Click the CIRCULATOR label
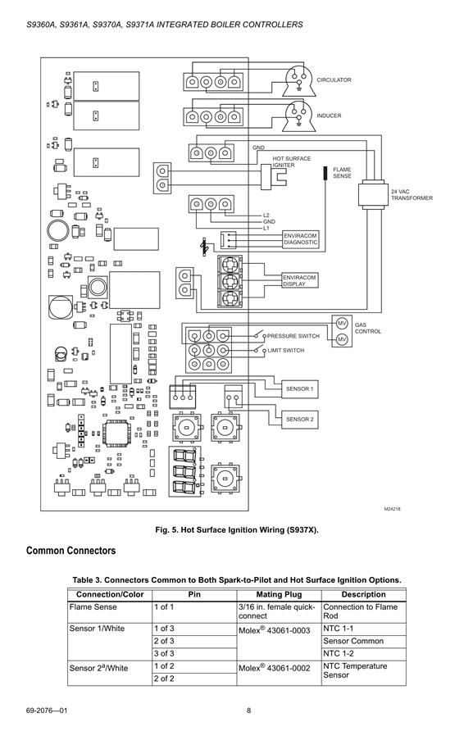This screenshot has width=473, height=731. (334, 80)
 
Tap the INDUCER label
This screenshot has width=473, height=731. (329, 116)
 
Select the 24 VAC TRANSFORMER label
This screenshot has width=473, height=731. (412, 195)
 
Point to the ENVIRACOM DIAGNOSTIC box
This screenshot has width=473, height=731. (300, 239)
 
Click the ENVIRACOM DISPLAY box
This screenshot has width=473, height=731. (300, 280)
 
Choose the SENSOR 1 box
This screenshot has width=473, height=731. (299, 388)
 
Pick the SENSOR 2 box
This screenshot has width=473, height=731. (299, 419)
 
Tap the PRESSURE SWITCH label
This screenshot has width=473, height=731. (293, 336)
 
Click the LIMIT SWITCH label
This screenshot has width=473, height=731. (285, 351)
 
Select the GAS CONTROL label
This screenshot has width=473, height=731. (367, 328)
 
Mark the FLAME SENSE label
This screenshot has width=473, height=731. (342, 173)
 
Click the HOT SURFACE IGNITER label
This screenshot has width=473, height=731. (292, 161)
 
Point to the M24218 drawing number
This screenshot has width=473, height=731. (393, 509)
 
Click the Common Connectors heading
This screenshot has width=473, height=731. (70, 551)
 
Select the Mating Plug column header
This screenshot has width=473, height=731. (279, 594)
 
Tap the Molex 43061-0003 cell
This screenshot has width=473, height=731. (275, 631)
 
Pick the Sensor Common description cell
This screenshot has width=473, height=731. (353, 641)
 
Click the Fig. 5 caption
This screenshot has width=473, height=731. (237, 530)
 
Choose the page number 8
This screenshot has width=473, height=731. (248, 711)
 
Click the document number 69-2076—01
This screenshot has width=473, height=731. (47, 711)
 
